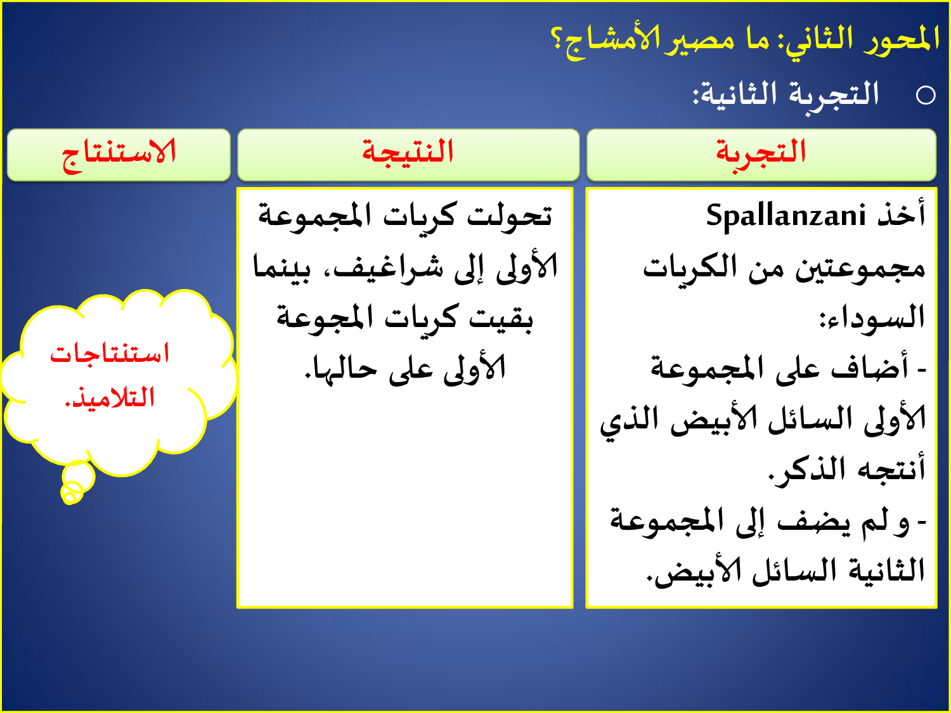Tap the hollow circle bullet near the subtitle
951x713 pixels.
[x=926, y=95]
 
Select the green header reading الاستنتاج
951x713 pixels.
[x=119, y=155]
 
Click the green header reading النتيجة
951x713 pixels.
[x=408, y=155]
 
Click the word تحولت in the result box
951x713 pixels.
[x=510, y=215]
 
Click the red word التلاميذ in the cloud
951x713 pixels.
[x=110, y=397]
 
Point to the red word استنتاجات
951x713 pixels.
[x=110, y=354]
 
